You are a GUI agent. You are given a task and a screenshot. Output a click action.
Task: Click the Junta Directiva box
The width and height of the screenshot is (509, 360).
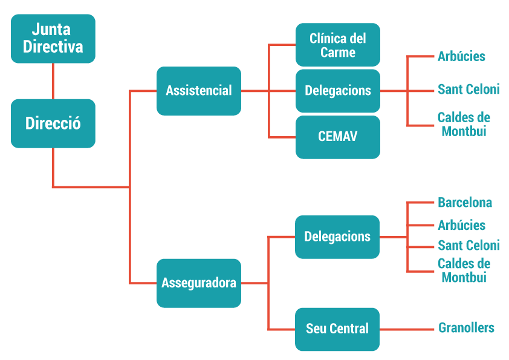coord(53,39)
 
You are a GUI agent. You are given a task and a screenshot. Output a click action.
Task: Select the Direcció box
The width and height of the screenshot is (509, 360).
coord(53,123)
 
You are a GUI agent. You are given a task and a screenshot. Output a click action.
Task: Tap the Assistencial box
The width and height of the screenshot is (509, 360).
coord(199,91)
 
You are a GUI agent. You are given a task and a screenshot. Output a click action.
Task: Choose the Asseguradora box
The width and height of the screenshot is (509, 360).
coord(199,283)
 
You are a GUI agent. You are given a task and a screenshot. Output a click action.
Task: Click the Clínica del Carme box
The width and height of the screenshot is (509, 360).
coord(338,45)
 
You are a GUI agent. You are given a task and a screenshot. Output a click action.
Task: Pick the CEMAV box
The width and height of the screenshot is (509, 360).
coord(338,137)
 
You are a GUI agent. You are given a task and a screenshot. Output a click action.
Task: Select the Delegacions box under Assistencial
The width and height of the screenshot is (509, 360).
coord(338,91)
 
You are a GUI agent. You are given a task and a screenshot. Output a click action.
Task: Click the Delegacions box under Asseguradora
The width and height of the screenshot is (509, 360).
coord(337,237)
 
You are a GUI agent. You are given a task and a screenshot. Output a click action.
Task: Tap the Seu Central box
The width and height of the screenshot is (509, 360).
coord(337,329)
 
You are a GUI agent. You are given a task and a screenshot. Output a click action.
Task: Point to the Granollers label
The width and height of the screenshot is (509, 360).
coord(466,328)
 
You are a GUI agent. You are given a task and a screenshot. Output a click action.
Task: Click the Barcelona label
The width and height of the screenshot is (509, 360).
coord(465,203)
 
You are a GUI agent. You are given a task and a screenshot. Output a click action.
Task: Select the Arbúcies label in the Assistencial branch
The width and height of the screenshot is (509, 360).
coord(461,56)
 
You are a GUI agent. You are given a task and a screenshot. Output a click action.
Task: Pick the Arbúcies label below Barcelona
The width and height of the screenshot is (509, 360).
coord(461,225)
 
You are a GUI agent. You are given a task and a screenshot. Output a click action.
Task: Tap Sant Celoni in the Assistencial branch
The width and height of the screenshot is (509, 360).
coord(468,90)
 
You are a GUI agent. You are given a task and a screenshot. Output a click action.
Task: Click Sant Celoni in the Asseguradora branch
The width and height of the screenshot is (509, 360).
coord(468,246)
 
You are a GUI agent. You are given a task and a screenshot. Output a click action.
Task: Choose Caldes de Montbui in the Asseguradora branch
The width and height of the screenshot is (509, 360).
coord(464,270)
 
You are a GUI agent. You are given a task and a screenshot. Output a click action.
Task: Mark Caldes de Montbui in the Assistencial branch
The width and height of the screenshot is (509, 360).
coord(464,124)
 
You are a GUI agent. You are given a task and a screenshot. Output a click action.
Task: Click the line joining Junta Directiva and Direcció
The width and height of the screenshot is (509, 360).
coord(53,81)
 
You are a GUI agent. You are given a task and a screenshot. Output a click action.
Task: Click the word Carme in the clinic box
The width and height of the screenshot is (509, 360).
coord(338,53)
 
